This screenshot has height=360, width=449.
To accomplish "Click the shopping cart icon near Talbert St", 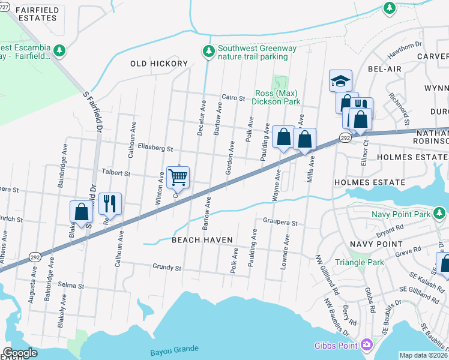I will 178,178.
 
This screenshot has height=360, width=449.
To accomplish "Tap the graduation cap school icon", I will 340,80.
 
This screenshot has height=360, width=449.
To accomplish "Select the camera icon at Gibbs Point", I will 366,344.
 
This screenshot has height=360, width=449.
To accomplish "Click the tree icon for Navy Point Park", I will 440,213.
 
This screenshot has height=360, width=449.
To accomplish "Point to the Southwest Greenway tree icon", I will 208,52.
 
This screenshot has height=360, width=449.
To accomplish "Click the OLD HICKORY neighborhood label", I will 159,64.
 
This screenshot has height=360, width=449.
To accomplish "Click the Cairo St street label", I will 233,98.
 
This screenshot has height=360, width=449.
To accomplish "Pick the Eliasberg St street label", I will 154,148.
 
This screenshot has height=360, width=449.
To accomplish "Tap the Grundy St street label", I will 167,267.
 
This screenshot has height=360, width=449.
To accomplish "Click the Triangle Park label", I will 359,262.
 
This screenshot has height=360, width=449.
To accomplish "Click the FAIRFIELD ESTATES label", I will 29,14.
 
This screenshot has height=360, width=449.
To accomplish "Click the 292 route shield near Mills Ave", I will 345,138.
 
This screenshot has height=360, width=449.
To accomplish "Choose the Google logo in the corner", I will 20,353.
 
